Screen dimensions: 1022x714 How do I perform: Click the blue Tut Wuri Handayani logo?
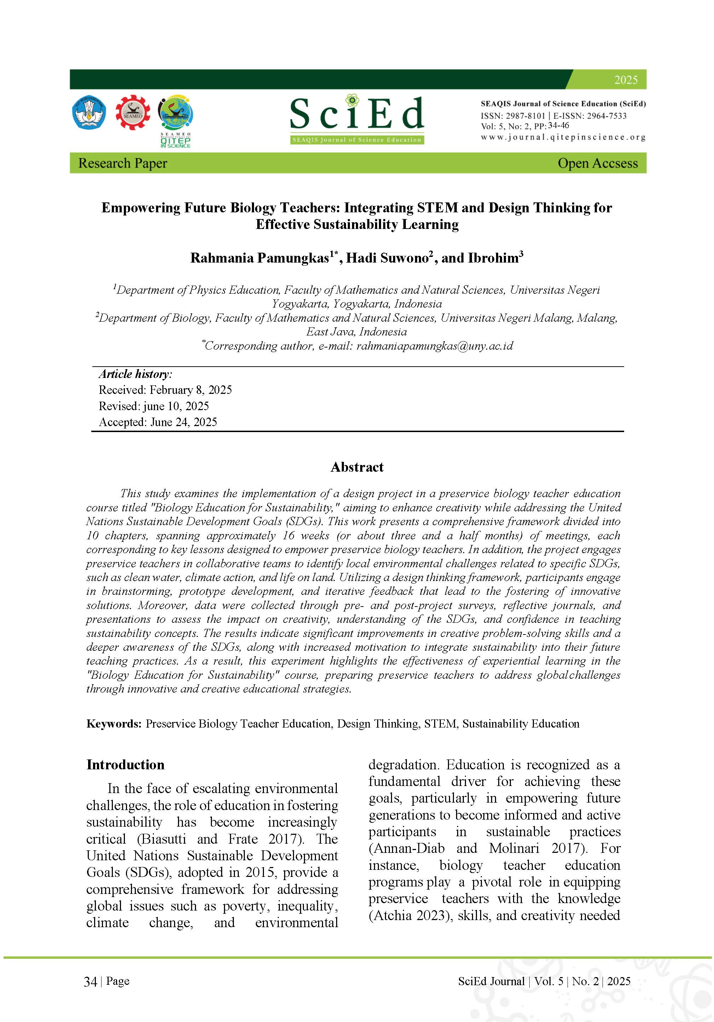click(89, 112)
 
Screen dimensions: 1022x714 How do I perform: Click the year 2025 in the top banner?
click(626, 80)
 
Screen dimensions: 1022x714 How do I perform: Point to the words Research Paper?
click(122, 163)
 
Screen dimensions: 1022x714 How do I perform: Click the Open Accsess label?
click(597, 163)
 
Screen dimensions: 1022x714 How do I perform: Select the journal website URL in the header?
click(563, 137)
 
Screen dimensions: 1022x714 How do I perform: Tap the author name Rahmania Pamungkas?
click(259, 258)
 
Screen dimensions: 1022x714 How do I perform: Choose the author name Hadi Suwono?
click(387, 258)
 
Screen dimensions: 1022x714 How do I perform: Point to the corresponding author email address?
click(434, 346)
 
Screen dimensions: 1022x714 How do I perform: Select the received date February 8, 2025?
click(190, 390)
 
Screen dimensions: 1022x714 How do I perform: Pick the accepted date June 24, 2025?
click(183, 422)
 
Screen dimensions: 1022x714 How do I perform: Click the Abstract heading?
click(357, 467)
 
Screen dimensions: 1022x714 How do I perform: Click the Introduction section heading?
click(125, 765)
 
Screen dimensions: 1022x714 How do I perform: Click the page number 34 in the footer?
click(90, 982)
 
